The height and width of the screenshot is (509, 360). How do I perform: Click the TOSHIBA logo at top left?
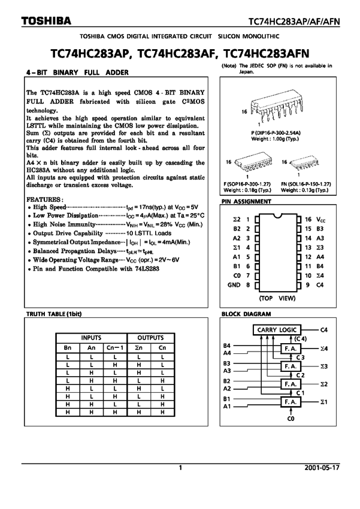[46, 21]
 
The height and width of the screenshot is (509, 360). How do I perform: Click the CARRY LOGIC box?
[277, 330]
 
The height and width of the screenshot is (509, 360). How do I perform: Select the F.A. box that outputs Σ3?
[291, 366]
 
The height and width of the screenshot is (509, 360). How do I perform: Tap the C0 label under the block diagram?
[291, 419]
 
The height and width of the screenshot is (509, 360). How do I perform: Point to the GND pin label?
[234, 285]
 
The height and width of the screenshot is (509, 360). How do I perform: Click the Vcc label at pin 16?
[320, 219]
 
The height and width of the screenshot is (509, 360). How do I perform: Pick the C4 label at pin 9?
[320, 285]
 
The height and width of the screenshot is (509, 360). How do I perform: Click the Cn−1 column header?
[115, 348]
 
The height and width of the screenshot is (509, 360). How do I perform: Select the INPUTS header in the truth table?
[91, 338]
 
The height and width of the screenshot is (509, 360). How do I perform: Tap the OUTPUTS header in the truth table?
[150, 338]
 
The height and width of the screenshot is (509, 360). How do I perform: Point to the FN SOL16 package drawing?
[303, 163]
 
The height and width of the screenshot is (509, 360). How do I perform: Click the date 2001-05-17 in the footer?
[322, 468]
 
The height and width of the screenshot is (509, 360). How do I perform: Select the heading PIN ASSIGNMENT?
[246, 201]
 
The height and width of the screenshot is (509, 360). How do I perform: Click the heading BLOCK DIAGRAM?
[246, 314]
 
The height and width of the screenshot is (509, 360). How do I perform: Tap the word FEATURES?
[44, 199]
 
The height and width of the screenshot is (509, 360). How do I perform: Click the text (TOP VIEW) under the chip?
[277, 298]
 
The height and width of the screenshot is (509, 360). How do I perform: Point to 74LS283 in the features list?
[147, 269]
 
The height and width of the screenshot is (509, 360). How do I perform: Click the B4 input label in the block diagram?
[226, 346]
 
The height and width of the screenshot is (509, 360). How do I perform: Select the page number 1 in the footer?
[180, 468]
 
